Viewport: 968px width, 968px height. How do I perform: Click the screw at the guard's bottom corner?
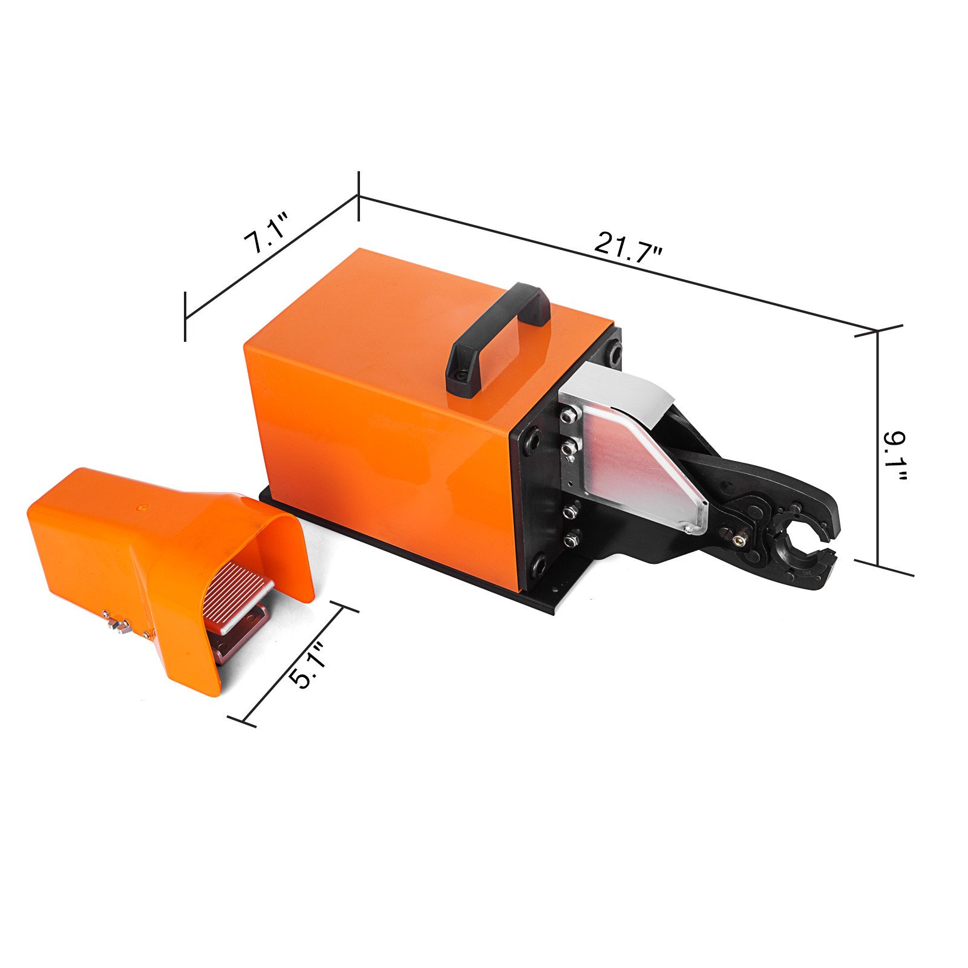click(x=689, y=529)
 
